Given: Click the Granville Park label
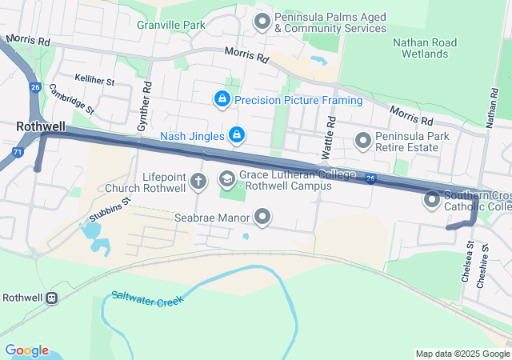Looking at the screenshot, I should click(x=170, y=25).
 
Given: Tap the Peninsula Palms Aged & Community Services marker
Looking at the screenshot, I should click(x=262, y=22).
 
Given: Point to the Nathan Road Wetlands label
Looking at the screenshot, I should click(x=425, y=48).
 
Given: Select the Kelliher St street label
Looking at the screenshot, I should click(x=95, y=82).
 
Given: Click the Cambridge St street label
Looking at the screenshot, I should click(x=71, y=98).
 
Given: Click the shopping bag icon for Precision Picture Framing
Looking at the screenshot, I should click(x=222, y=100).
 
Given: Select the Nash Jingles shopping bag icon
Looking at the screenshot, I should click(x=236, y=136).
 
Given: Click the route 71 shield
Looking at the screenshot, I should click(x=18, y=151).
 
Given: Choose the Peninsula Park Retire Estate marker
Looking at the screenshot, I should click(x=363, y=142).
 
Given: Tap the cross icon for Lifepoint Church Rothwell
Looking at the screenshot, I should click(x=198, y=181).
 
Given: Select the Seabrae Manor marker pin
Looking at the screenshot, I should click(x=262, y=217).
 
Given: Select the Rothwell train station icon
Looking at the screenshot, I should click(x=52, y=298).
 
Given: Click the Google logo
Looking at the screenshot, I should click(x=26, y=350).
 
